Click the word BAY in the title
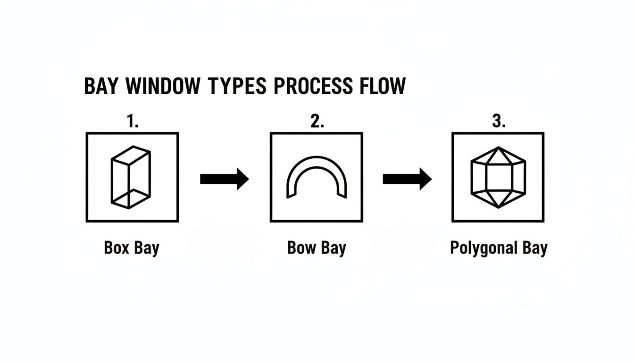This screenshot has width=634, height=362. (102, 86)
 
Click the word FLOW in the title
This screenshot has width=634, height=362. (381, 86)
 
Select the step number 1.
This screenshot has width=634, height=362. (133, 122)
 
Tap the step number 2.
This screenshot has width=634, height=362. (317, 122)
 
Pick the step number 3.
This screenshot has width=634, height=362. (499, 122)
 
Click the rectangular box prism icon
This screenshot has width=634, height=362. (131, 177)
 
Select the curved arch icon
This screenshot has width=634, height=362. (317, 177)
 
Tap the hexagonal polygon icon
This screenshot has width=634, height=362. (498, 177)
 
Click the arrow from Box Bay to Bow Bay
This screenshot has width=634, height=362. (224, 179)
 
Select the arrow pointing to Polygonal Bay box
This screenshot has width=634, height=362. (407, 179)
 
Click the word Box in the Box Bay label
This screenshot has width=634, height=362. (116, 248)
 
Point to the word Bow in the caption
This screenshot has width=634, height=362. (301, 248)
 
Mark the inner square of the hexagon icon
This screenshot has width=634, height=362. (498, 177)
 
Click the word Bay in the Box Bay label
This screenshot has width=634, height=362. (147, 249)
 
